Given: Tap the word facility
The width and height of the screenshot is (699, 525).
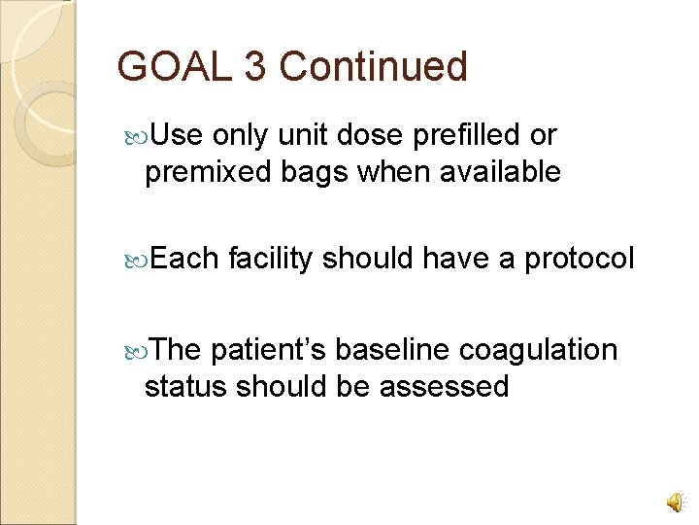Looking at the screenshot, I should [x=270, y=259].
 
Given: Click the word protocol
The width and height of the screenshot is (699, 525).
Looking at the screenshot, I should [x=580, y=259].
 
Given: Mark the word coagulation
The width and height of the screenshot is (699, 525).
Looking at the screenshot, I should [x=539, y=349].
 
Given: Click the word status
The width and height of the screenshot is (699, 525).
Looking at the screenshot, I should [x=184, y=386].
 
